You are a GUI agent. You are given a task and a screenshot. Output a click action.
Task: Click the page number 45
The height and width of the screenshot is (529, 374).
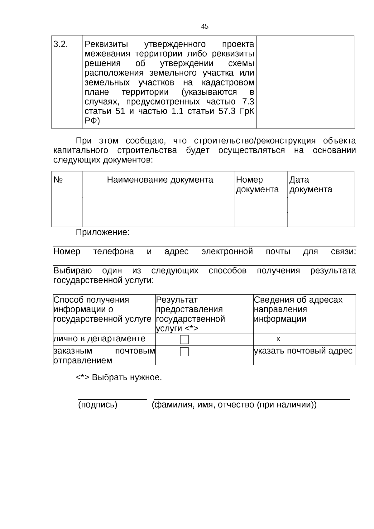(x=205, y=26)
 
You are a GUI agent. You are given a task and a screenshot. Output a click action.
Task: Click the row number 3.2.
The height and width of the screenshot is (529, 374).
(x=61, y=44)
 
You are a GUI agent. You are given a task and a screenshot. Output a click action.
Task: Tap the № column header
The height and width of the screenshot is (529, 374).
(x=58, y=180)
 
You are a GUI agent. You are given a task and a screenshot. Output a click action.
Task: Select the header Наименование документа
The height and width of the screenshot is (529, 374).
(x=160, y=180)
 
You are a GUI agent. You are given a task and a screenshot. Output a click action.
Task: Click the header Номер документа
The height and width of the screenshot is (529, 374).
(x=257, y=185)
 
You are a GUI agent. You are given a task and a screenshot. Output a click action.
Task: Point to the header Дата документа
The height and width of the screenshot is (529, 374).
(x=310, y=185)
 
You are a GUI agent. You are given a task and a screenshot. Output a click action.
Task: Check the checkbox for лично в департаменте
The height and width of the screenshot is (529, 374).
(x=184, y=339)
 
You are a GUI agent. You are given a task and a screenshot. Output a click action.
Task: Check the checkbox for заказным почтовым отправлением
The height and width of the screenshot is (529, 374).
(x=184, y=352)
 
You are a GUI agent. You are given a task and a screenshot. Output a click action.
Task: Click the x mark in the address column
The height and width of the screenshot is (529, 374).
(x=278, y=339)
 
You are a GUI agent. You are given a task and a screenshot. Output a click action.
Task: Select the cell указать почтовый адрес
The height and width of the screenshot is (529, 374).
(x=303, y=351)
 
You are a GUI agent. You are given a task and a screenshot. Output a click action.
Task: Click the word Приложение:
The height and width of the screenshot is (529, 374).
(x=103, y=233)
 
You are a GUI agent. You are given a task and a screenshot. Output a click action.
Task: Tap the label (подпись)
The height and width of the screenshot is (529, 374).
(x=98, y=405)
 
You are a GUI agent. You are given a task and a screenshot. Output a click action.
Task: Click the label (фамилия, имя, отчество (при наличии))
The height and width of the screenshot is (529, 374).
(x=234, y=405)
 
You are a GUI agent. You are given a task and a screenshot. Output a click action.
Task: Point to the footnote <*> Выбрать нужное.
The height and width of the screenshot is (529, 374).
(x=119, y=378)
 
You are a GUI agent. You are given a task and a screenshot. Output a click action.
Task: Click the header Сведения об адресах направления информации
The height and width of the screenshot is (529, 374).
(x=298, y=309)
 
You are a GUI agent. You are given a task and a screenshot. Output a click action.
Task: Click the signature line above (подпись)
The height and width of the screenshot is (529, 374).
(x=112, y=399)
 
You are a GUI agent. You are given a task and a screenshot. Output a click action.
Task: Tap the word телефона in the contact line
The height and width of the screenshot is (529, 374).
(x=113, y=252)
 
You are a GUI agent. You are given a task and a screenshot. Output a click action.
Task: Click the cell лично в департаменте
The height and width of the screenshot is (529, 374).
(x=99, y=339)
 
